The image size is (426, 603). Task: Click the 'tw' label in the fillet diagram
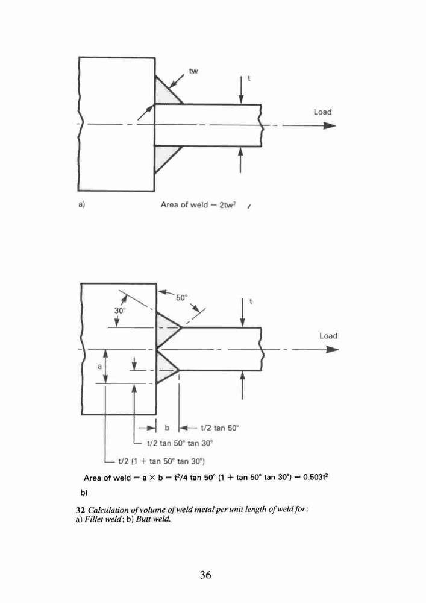pyautogui.click(x=193, y=71)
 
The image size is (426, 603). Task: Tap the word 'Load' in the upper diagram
pyautogui.click(x=322, y=112)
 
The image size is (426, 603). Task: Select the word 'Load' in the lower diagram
pyautogui.click(x=328, y=336)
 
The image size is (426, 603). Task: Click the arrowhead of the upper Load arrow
pyautogui.click(x=330, y=125)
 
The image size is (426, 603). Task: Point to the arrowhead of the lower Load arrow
pyautogui.click(x=332, y=349)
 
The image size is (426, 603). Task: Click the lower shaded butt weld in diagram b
pyautogui.click(x=164, y=368)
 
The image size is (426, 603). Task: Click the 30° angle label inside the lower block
pyautogui.click(x=119, y=311)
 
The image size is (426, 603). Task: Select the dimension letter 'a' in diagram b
pyautogui.click(x=99, y=367)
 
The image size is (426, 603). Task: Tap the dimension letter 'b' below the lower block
pyautogui.click(x=167, y=428)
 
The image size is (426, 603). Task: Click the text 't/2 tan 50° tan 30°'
pyautogui.click(x=180, y=443)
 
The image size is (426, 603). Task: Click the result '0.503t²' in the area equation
pyautogui.click(x=315, y=477)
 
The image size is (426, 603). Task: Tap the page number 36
pyautogui.click(x=205, y=575)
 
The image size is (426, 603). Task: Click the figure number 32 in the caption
pyautogui.click(x=80, y=510)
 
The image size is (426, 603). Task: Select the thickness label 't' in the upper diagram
pyautogui.click(x=249, y=78)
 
